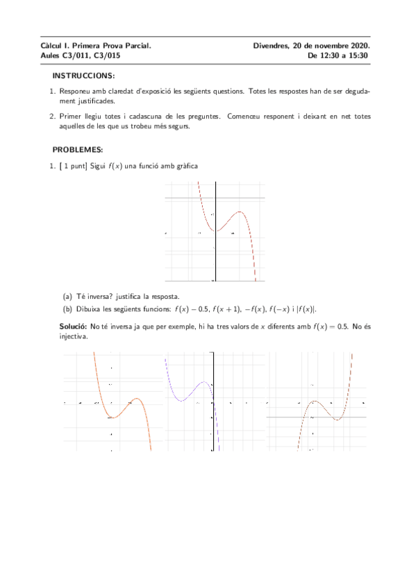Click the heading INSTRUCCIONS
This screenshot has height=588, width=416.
[x=83, y=75]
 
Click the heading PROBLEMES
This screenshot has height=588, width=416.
[x=77, y=150]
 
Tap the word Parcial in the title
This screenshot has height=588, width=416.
[x=137, y=46]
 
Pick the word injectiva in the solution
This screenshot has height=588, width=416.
[x=74, y=337]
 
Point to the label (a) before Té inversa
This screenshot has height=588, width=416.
[x=67, y=296]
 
